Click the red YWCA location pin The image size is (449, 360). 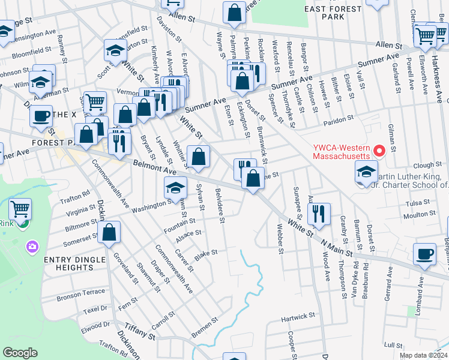click(x=378, y=150)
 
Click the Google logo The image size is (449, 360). click(x=20, y=353)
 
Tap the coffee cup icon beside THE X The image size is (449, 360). click(x=41, y=115)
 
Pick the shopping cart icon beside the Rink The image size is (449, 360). click(x=20, y=209)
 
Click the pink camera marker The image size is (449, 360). click(x=32, y=246)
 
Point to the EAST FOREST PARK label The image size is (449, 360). click(x=333, y=13)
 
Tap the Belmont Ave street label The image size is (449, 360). click(x=151, y=166)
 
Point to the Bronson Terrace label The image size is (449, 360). click(x=81, y=294)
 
